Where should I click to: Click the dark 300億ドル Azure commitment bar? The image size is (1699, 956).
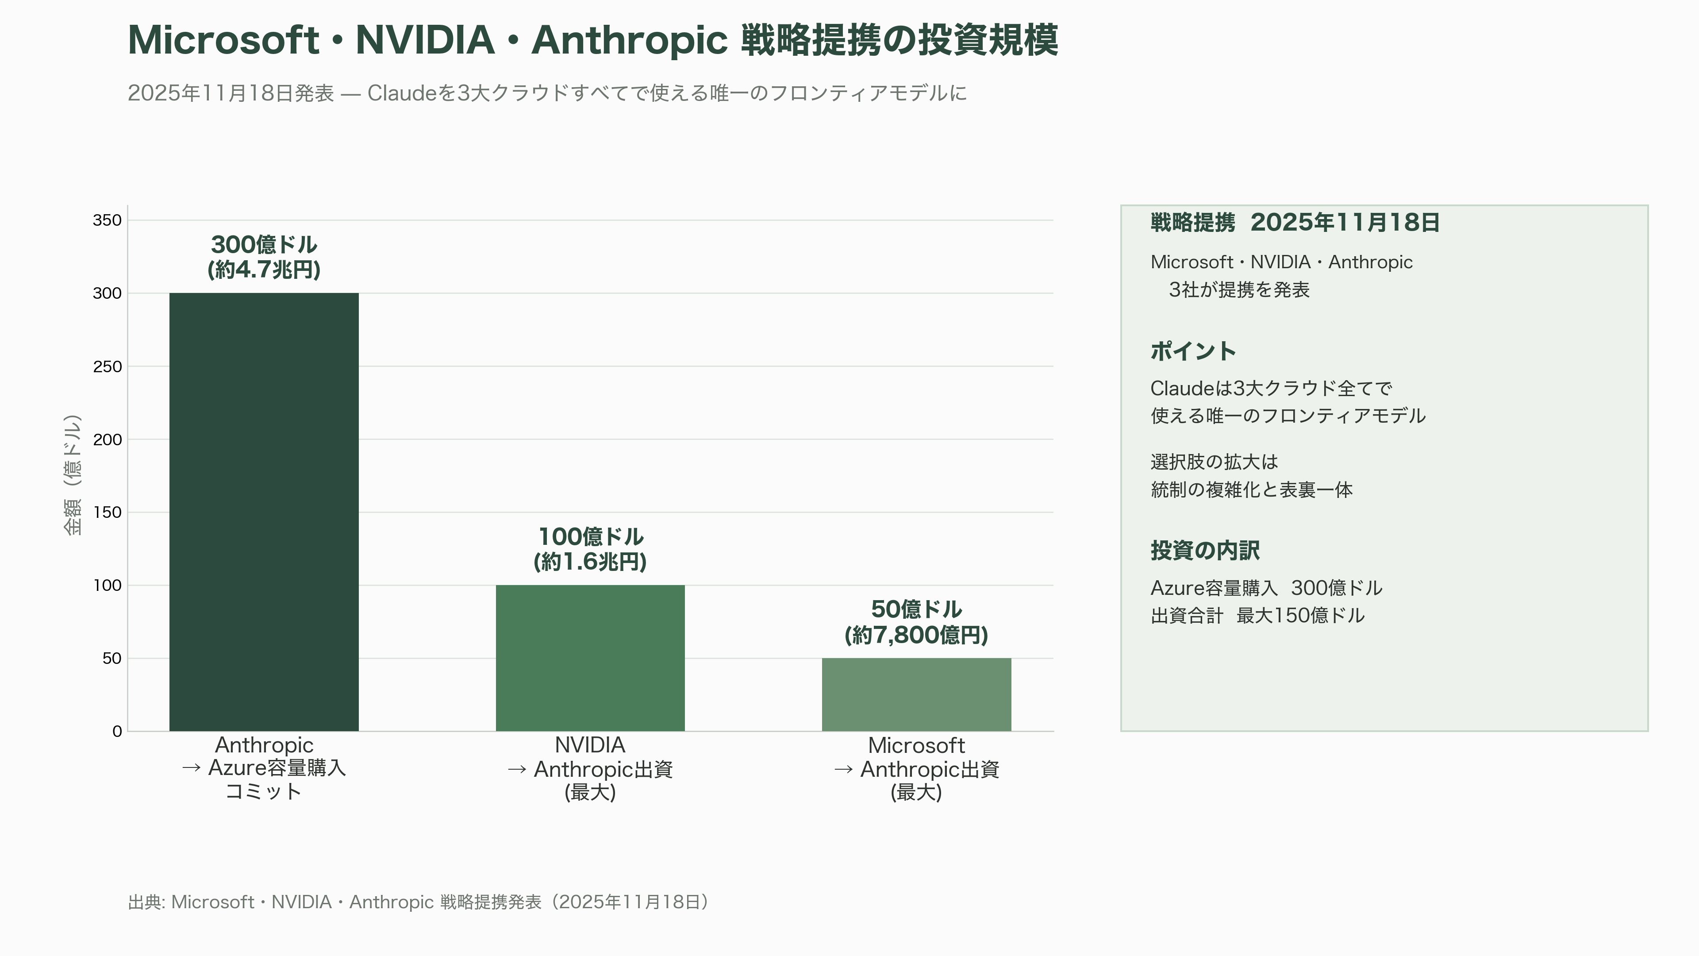tap(264, 512)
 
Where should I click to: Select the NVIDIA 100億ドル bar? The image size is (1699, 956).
tap(590, 658)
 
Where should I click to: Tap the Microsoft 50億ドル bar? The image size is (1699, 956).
tap(916, 695)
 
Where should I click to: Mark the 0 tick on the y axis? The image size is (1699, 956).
tap(117, 731)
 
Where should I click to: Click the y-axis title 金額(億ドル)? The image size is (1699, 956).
tap(73, 475)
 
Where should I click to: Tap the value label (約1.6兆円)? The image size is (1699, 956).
tap(590, 562)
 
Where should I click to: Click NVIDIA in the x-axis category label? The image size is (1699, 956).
tap(590, 745)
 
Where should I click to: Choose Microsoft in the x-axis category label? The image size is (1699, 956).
tap(916, 745)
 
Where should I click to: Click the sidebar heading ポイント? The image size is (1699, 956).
tap(1193, 351)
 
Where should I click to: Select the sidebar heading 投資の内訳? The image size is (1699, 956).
tap(1205, 550)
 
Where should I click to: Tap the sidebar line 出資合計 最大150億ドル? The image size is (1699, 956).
tap(1258, 616)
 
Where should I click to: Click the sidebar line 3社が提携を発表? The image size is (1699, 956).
tap(1239, 289)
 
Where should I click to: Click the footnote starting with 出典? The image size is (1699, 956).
tap(419, 902)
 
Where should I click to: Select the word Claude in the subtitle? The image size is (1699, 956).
tap(402, 93)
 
